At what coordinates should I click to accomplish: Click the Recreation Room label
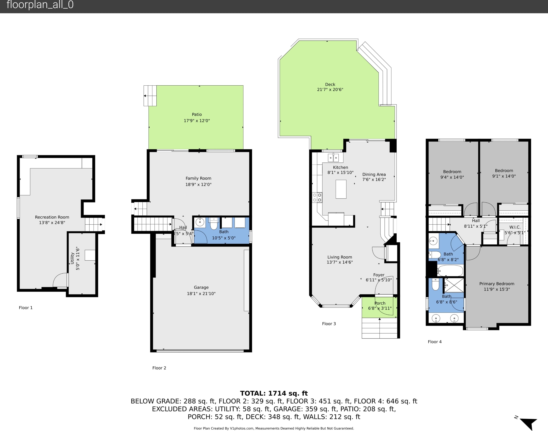pyautogui.click(x=52, y=217)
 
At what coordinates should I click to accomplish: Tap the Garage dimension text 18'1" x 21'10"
pyautogui.click(x=201, y=293)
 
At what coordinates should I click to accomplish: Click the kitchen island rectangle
pyautogui.click(x=341, y=189)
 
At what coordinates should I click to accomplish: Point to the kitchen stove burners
pyautogui.click(x=317, y=197)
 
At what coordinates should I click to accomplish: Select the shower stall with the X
pyautogui.click(x=454, y=285)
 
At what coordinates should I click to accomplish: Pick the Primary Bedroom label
pyautogui.click(x=497, y=284)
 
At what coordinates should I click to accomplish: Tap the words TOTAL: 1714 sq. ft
pyautogui.click(x=274, y=393)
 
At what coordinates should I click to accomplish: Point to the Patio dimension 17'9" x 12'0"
pyautogui.click(x=197, y=121)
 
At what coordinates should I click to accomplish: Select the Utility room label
pyautogui.click(x=72, y=258)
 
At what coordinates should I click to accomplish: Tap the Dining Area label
pyautogui.click(x=374, y=174)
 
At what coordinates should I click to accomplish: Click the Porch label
pyautogui.click(x=380, y=303)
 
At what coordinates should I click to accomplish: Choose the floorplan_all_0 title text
pyautogui.click(x=40, y=5)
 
